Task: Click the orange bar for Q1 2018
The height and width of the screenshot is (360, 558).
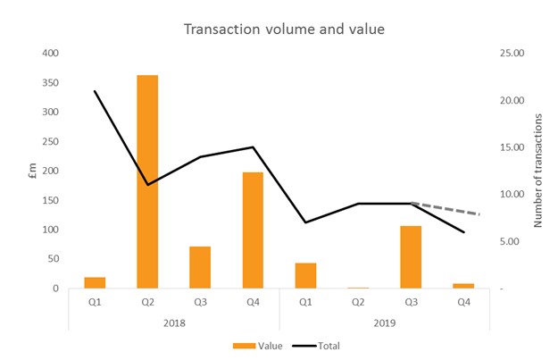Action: click(x=95, y=283)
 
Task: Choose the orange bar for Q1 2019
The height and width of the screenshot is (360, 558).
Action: click(x=305, y=276)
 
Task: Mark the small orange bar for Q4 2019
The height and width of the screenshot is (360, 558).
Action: click(x=463, y=286)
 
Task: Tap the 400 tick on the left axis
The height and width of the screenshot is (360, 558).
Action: click(x=50, y=54)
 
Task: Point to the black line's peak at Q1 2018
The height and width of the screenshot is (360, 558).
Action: click(x=95, y=91)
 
